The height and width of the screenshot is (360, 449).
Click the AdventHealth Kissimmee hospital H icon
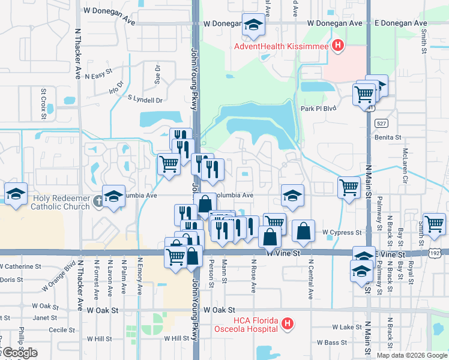pyautogui.click(x=338, y=45)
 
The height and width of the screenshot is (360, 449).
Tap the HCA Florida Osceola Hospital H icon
pyautogui.click(x=288, y=324)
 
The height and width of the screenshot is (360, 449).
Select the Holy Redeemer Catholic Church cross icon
pyautogui.click(x=100, y=203)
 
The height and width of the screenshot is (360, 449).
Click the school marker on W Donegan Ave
pyautogui.click(x=253, y=26)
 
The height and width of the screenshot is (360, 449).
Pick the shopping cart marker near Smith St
pyautogui.click(x=434, y=223)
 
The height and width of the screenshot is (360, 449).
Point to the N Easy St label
pyautogui.click(x=98, y=76)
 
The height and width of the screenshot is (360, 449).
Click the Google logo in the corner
pyautogui.click(x=19, y=353)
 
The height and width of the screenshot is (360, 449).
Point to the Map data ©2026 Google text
pyautogui.click(x=412, y=355)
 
